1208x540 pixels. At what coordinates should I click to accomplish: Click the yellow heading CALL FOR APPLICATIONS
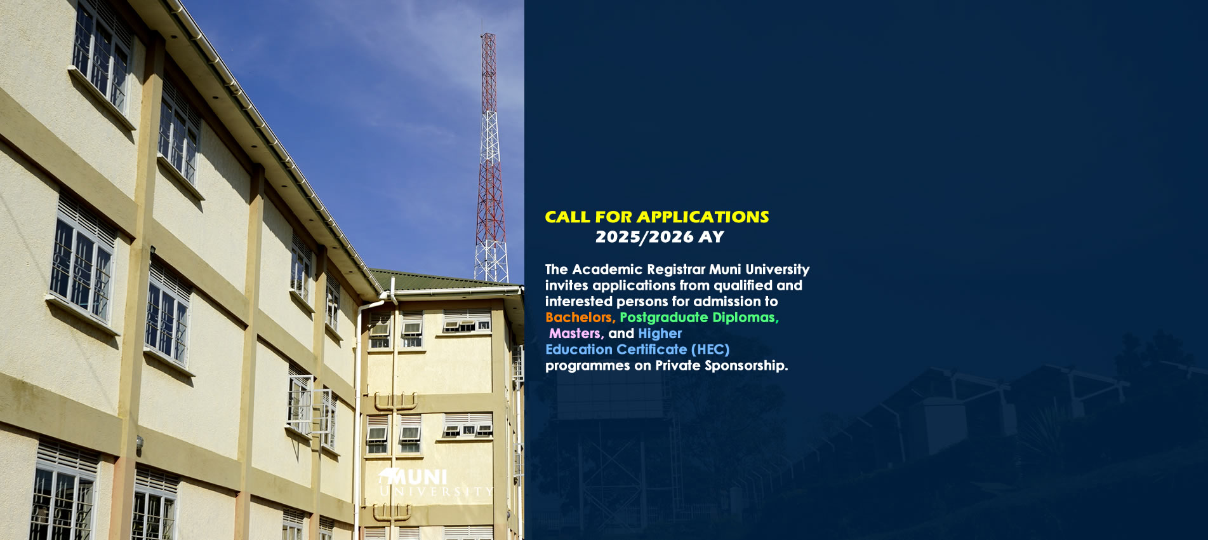[657, 217]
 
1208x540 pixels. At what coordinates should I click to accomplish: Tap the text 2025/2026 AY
[660, 237]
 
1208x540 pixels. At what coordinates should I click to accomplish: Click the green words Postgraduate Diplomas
[699, 318]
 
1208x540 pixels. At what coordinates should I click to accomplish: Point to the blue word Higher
[660, 334]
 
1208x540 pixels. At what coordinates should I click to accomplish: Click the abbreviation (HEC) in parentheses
[710, 349]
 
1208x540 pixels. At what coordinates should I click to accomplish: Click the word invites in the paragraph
[566, 285]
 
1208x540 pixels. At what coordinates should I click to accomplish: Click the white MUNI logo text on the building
[413, 477]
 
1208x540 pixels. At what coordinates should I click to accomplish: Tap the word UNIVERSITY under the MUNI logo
[436, 492]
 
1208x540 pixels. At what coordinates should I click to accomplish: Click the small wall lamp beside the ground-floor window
[139, 445]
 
